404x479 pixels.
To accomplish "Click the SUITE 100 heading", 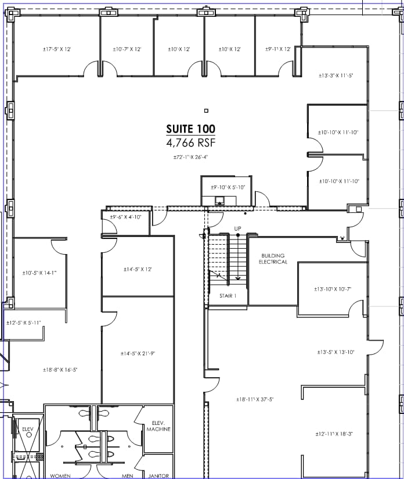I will (x=190, y=129).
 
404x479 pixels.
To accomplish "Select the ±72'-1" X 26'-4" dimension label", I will (x=190, y=157).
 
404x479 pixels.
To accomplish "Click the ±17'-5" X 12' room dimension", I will (x=57, y=49).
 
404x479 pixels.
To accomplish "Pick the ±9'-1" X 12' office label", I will (x=278, y=49).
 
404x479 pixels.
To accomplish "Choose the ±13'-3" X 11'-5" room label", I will (x=336, y=75).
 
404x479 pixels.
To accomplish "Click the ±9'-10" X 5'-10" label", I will (x=228, y=187).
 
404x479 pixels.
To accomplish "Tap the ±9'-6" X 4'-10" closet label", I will (x=125, y=217).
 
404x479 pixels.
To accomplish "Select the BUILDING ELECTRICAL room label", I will (x=273, y=259).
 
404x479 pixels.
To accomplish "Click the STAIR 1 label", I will (x=228, y=296).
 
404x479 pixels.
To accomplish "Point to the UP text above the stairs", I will (x=237, y=228).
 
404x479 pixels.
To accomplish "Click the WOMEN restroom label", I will (x=60, y=476).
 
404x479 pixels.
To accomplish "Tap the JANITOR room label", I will (x=158, y=476).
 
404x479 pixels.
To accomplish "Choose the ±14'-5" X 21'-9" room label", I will (x=138, y=353).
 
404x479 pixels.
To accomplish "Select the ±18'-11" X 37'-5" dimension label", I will (x=255, y=399).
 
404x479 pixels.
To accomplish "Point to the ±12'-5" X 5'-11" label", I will (x=24, y=323).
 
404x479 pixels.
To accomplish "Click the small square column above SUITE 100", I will (x=205, y=110).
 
